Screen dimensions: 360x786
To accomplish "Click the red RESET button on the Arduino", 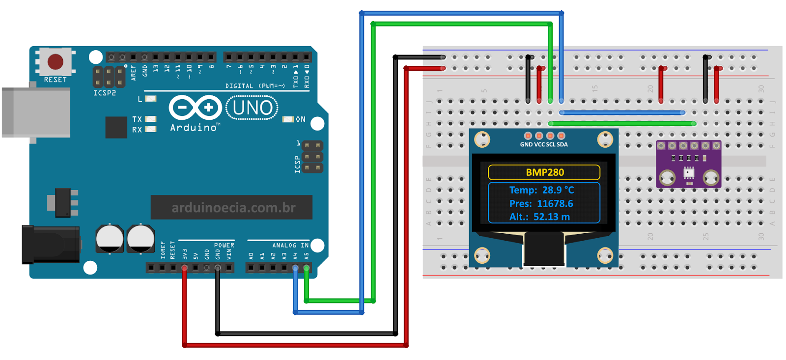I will [55, 62].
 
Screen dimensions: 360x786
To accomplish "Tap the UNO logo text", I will [252, 108].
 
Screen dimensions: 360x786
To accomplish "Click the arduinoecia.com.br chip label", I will [233, 208].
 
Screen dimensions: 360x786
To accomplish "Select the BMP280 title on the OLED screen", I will [544, 172].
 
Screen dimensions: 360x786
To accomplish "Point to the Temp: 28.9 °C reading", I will [541, 190].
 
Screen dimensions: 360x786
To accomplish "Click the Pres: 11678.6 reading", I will [541, 203].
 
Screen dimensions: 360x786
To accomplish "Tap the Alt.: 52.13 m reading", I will [539, 217].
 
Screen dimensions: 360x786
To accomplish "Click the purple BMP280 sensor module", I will [688, 165].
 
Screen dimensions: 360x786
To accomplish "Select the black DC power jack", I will [50, 244].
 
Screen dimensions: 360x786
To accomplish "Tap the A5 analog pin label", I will [307, 256].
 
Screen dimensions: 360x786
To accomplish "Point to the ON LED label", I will [301, 119].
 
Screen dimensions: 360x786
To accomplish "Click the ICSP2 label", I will [105, 93].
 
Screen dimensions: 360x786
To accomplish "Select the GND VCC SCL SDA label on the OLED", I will [544, 144].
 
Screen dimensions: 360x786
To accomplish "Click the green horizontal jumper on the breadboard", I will [621, 123].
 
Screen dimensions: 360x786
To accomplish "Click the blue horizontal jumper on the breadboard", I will [621, 112].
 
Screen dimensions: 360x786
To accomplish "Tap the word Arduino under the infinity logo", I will [194, 128].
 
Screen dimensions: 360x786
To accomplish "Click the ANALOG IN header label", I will [290, 245].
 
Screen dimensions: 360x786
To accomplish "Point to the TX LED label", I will [137, 119].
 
